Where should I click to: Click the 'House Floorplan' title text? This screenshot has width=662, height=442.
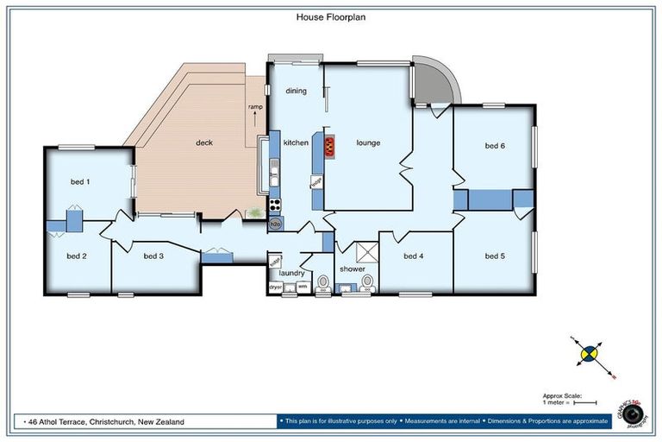(331, 16)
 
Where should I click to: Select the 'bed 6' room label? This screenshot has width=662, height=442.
(494, 146)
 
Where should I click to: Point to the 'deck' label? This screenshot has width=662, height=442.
(203, 143)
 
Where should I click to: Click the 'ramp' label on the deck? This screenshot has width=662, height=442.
(255, 107)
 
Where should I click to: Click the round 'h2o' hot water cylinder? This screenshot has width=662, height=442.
(276, 223)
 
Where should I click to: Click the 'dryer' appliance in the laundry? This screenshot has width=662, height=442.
(276, 286)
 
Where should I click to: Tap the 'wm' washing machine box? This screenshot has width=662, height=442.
(302, 286)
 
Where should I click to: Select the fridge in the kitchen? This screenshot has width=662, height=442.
(316, 182)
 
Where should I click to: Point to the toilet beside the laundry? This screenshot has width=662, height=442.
(323, 281)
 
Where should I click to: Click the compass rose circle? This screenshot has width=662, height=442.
(590, 352)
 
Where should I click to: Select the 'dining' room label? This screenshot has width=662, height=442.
(296, 91)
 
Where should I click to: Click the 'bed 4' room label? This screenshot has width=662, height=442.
(413, 256)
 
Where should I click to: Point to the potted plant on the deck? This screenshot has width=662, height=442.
(255, 212)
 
